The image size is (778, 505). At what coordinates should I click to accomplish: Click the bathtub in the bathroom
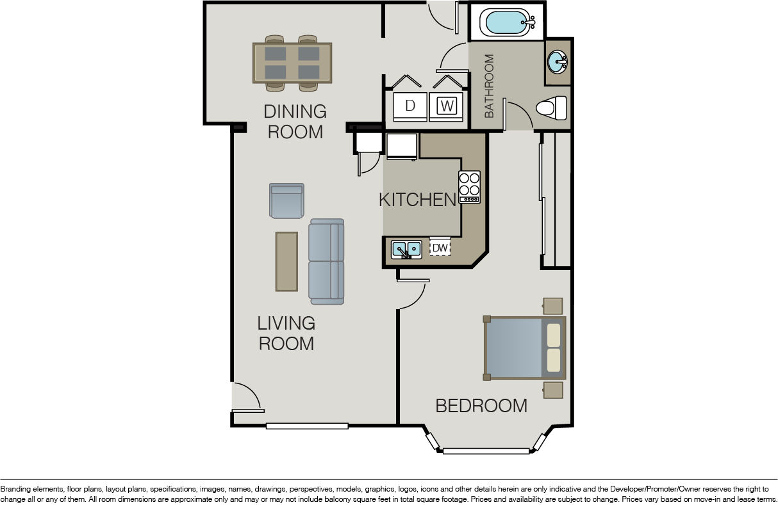[508, 22]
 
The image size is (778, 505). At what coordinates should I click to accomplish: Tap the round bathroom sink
[557, 62]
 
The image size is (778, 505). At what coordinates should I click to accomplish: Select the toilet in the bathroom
[551, 108]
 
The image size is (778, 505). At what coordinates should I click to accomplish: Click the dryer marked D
[410, 107]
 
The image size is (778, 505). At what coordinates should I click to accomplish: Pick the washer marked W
[446, 107]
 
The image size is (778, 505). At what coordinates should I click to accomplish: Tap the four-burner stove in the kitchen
[469, 187]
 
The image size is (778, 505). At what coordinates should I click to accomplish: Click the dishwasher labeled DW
[440, 248]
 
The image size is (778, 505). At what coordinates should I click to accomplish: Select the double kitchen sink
[406, 250]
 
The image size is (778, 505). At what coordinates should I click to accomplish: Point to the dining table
[292, 63]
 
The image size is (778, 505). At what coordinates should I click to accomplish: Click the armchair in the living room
[286, 201]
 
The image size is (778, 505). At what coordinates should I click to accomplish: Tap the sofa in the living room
[326, 262]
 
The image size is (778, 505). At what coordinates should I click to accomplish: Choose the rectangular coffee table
[286, 262]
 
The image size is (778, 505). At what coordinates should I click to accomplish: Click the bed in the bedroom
[524, 348]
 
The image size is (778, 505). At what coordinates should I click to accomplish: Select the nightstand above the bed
[552, 306]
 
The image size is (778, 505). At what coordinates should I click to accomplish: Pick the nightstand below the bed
[553, 390]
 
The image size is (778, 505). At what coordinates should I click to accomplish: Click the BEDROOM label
[481, 406]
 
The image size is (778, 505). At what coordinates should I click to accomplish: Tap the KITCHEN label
[417, 200]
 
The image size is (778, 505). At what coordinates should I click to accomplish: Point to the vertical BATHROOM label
[489, 86]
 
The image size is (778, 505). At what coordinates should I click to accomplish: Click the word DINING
[295, 111]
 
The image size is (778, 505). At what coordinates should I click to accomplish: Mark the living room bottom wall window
[307, 426]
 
